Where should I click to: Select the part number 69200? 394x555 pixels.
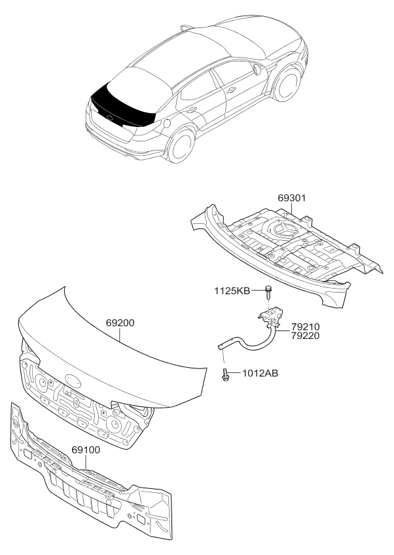click(x=120, y=323)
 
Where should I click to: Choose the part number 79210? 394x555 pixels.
click(x=306, y=327)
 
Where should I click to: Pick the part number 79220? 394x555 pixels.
click(x=306, y=336)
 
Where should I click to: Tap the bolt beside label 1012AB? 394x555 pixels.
click(x=226, y=374)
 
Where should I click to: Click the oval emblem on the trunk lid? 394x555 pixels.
click(x=73, y=380)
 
